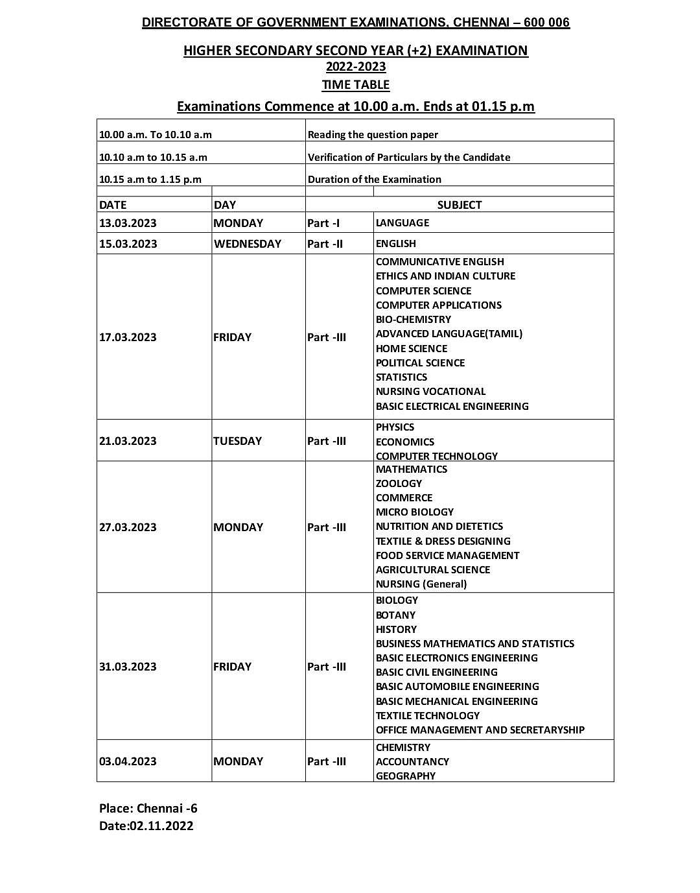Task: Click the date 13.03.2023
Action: click(x=128, y=223)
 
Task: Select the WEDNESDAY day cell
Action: click(x=247, y=244)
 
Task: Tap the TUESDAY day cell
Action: click(x=237, y=441)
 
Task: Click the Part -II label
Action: click(x=325, y=244)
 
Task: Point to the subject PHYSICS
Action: click(x=395, y=427)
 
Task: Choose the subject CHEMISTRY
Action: click(x=402, y=748)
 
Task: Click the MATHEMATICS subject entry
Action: click(x=411, y=470)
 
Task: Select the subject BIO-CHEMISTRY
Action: click(x=413, y=320)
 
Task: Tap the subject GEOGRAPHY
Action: click(x=405, y=776)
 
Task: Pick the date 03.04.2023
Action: click(x=128, y=761)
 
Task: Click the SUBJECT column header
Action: click(x=459, y=205)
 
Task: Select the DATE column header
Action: click(x=113, y=205)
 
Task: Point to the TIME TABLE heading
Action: click(x=355, y=85)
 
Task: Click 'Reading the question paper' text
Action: click(x=373, y=135)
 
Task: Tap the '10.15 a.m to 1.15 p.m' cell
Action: click(x=150, y=180)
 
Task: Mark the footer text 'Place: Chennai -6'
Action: click(x=148, y=808)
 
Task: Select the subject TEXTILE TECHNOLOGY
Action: click(x=427, y=716)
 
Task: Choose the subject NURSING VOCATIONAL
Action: click(x=430, y=392)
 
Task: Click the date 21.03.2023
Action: click(x=128, y=441)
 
